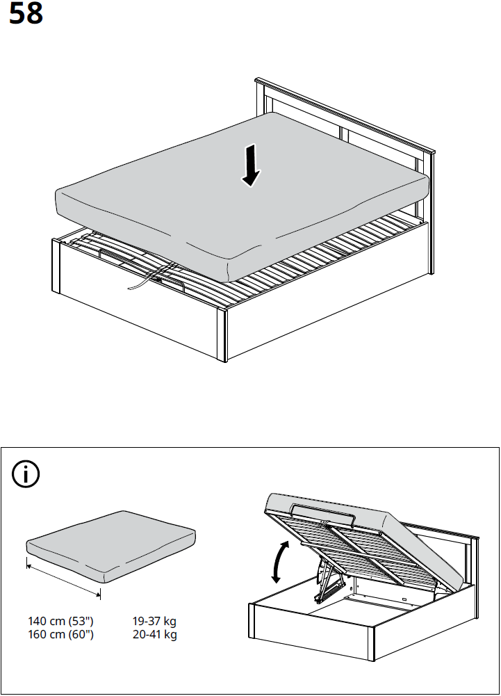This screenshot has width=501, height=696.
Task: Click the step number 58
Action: (26, 15)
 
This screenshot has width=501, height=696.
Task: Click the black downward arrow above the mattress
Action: (251, 165)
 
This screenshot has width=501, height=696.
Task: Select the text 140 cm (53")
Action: (60, 621)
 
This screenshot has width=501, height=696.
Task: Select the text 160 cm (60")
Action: (60, 635)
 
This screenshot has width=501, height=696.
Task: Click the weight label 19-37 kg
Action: (154, 621)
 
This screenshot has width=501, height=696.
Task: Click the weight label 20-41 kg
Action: (154, 635)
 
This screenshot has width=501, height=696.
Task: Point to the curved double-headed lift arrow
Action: (278, 563)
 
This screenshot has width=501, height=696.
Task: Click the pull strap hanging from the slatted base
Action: (139, 282)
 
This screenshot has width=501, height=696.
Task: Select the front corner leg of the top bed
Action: (222, 335)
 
